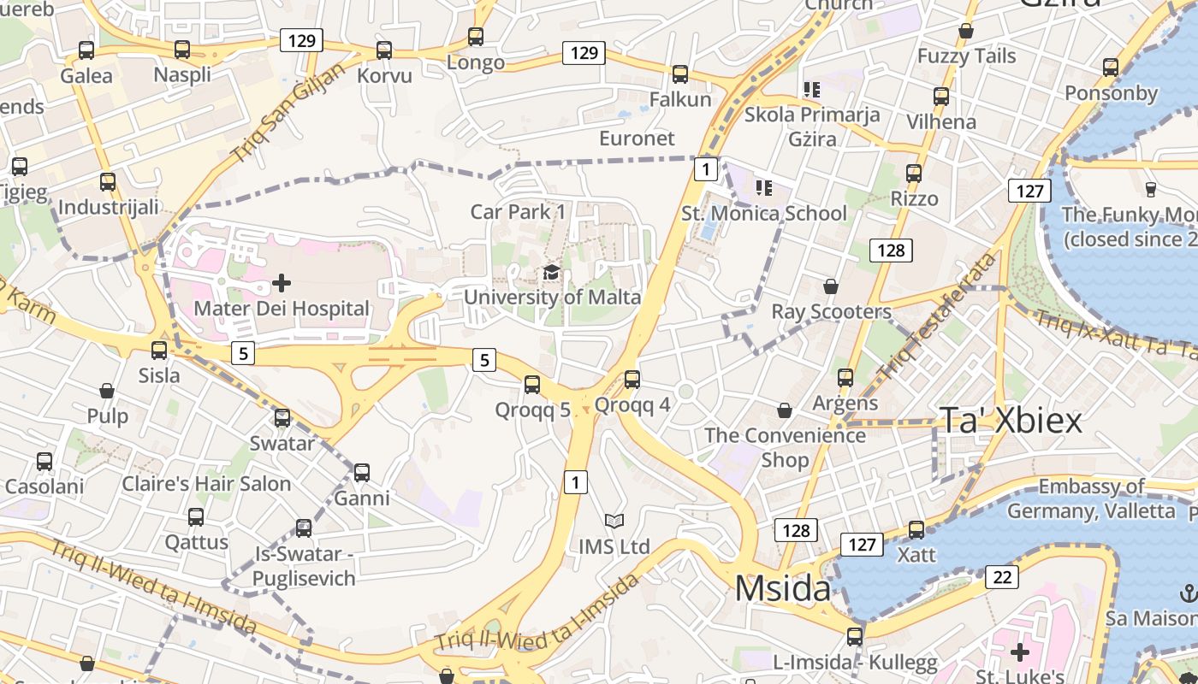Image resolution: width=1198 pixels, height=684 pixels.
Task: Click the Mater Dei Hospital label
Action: pyautogui.click(x=282, y=309)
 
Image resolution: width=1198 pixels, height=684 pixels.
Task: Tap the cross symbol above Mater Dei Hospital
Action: pyautogui.click(x=282, y=282)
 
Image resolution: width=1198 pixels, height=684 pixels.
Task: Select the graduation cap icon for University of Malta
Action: pyautogui.click(x=552, y=273)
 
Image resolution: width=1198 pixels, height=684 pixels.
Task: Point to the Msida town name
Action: pyautogui.click(x=782, y=589)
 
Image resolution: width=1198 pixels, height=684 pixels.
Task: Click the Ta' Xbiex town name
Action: pyautogui.click(x=1011, y=421)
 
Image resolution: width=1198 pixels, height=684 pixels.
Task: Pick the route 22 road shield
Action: pyautogui.click(x=1002, y=577)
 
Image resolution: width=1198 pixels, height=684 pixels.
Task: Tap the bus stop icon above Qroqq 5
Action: pyautogui.click(x=532, y=385)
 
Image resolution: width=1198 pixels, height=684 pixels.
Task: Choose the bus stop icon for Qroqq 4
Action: pyautogui.click(x=632, y=379)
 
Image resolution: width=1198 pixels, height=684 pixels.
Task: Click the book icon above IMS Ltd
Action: pyautogui.click(x=614, y=521)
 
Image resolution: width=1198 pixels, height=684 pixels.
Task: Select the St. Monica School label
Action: pyautogui.click(x=764, y=214)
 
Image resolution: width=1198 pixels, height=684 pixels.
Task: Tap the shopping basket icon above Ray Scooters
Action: pyautogui.click(x=830, y=286)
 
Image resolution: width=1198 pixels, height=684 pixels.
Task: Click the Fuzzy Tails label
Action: pyautogui.click(x=966, y=56)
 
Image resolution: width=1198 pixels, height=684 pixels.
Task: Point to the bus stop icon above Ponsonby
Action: pyautogui.click(x=1111, y=67)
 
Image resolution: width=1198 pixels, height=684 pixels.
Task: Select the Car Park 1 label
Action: pyautogui.click(x=518, y=211)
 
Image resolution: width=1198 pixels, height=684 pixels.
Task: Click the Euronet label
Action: pyautogui.click(x=637, y=139)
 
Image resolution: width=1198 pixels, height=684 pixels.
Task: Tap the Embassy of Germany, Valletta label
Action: pyautogui.click(x=1091, y=499)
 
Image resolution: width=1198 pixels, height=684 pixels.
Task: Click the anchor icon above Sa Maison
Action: pyautogui.click(x=1188, y=593)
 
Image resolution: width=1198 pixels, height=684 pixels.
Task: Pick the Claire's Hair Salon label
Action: pyautogui.click(x=206, y=484)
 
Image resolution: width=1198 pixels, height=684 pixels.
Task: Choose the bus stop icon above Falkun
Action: pyautogui.click(x=680, y=74)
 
